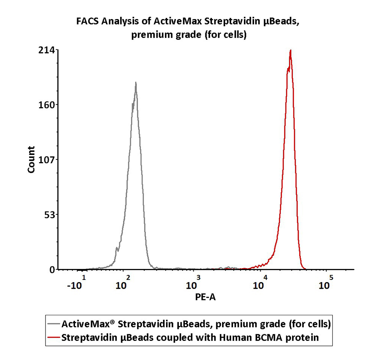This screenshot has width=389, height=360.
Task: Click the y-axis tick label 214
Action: pos(46,50)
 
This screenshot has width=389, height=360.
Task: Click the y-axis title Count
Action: pos(32,160)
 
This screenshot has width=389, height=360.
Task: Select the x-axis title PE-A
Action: pos(205,298)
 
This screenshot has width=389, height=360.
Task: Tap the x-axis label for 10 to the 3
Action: pos(192,284)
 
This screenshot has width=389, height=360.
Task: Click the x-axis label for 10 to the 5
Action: pos(325,284)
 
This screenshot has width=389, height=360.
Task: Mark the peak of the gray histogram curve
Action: pos(136,83)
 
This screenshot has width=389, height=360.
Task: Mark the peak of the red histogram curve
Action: pos(290,50)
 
